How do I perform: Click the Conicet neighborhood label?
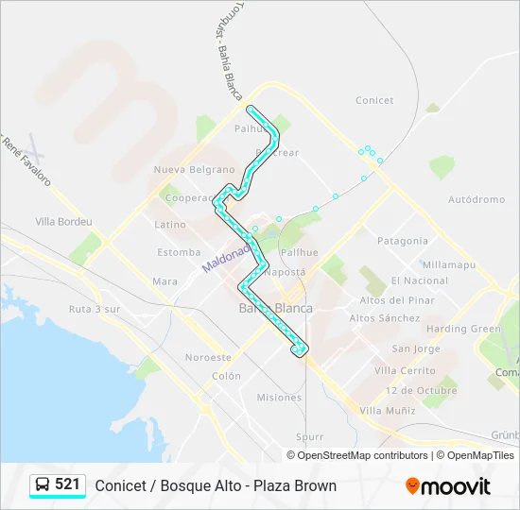[x=374, y=100]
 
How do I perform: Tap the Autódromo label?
[x=477, y=200]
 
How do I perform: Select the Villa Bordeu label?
[x=63, y=222]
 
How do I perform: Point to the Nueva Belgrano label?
[x=194, y=170]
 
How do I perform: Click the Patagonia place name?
[x=403, y=241]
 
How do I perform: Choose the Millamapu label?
[x=449, y=265]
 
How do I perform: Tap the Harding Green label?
[x=462, y=329]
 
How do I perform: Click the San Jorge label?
[x=416, y=349]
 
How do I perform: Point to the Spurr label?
[x=309, y=437]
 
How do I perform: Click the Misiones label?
[x=279, y=398]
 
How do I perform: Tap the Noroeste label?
[x=208, y=358]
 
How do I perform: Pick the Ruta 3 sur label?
[x=95, y=309]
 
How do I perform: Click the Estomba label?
[x=179, y=252]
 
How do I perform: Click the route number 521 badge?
[x=58, y=484]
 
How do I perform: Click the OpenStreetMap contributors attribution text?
[x=363, y=455]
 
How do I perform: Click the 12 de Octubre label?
[x=421, y=390]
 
